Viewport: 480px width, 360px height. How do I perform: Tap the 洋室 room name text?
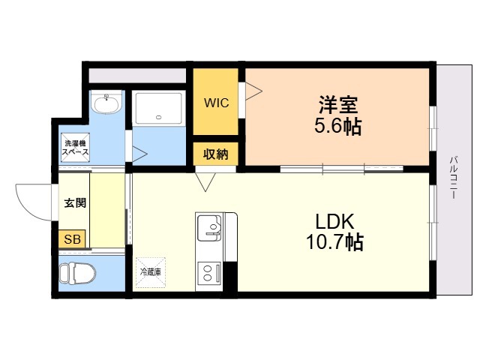point(337,104)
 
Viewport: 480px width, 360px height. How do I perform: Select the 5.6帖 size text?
point(337,126)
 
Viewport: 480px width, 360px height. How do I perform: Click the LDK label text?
point(334,221)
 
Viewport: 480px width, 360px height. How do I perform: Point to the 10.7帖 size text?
point(334,243)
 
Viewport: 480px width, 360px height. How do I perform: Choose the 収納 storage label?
point(216,154)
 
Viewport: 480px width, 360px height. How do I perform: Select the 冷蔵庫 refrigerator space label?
point(148,271)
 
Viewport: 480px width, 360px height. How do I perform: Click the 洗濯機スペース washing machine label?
point(75,147)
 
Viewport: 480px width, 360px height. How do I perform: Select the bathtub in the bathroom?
point(158,109)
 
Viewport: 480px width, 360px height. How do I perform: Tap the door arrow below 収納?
point(205,181)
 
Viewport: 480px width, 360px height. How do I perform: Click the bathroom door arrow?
point(139,154)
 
